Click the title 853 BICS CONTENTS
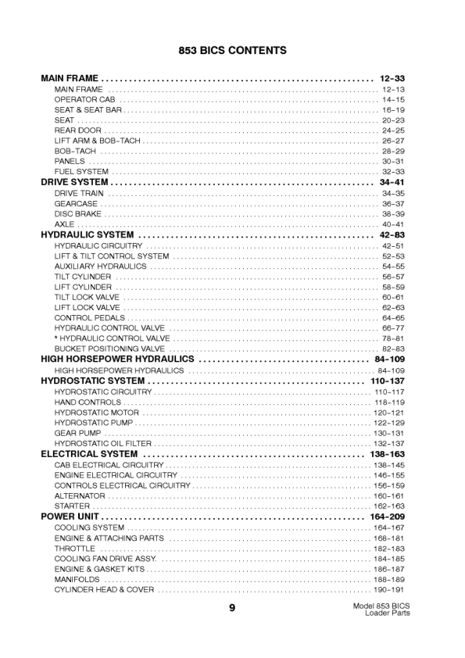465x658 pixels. pyautogui.click(x=232, y=51)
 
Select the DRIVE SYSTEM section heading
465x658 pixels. pyautogui.click(x=74, y=182)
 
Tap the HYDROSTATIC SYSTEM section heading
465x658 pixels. pyautogui.click(x=92, y=381)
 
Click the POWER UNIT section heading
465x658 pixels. pyautogui.click(x=70, y=517)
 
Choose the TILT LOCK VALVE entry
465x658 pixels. pyautogui.click(x=87, y=298)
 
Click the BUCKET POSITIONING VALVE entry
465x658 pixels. pyautogui.click(x=109, y=349)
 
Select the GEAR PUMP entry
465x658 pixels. pyautogui.click(x=77, y=433)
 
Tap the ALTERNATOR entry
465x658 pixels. pyautogui.click(x=80, y=496)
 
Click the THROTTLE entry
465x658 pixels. pyautogui.click(x=74, y=549)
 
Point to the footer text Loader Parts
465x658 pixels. pyautogui.click(x=387, y=613)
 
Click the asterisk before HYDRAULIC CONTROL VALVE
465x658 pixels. pyautogui.click(x=56, y=338)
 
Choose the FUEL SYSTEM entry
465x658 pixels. pyautogui.click(x=81, y=172)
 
